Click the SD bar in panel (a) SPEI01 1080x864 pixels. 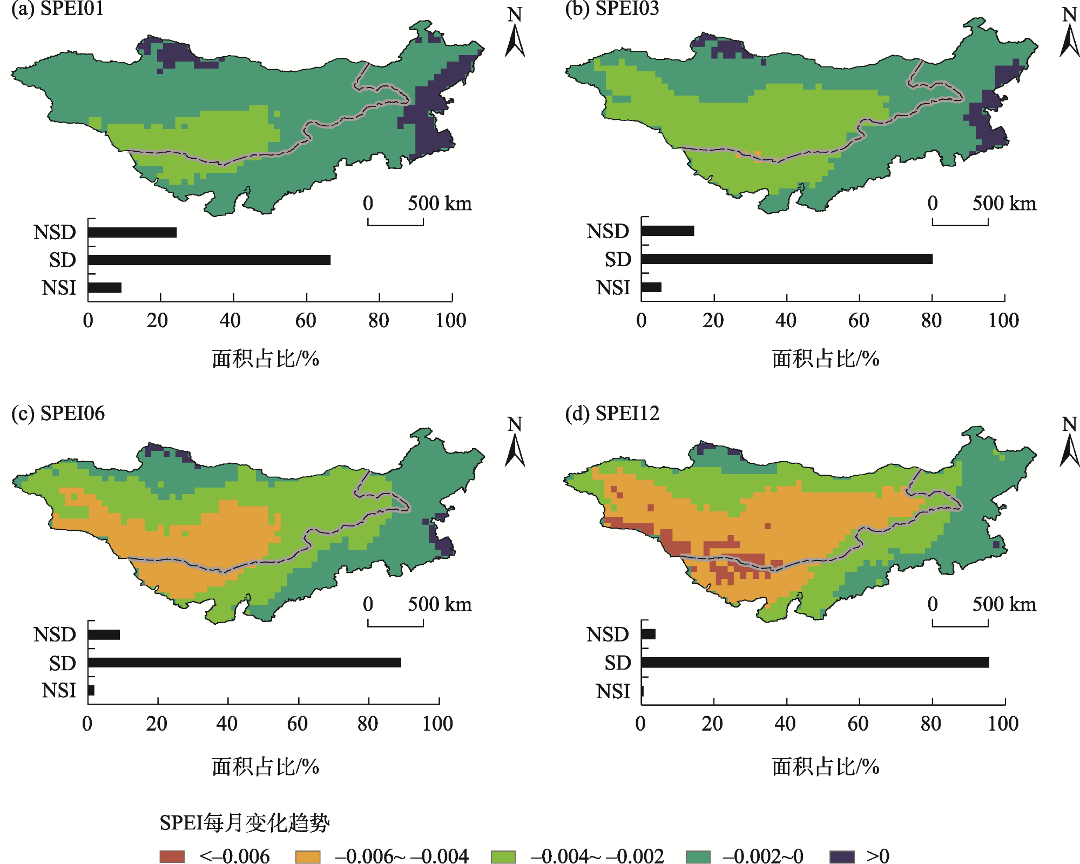click(x=209, y=260)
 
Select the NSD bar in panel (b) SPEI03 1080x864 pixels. click(x=667, y=231)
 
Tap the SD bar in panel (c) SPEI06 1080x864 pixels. click(x=244, y=663)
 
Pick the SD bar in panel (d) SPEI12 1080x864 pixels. click(x=815, y=663)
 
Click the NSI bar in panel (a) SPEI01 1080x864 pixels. click(x=105, y=287)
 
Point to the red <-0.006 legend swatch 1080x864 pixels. click(x=172, y=856)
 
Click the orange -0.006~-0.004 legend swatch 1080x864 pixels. click(x=308, y=856)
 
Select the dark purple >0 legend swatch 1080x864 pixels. click(x=841, y=856)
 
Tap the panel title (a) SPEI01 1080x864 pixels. click(x=57, y=9)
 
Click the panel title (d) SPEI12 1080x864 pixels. click(x=612, y=414)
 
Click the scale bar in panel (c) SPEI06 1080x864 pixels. click(x=395, y=623)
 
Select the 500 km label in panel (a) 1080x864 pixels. click(x=440, y=204)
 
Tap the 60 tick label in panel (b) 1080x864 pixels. click(x=859, y=321)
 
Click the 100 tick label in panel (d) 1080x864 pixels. click(x=1003, y=724)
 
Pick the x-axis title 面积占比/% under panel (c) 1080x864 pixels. click(x=265, y=767)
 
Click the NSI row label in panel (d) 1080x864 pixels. click(x=613, y=691)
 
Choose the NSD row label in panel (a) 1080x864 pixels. click(x=55, y=232)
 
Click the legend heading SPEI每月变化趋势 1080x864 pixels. click(x=244, y=823)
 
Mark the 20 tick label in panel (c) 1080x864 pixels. click(x=157, y=724)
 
